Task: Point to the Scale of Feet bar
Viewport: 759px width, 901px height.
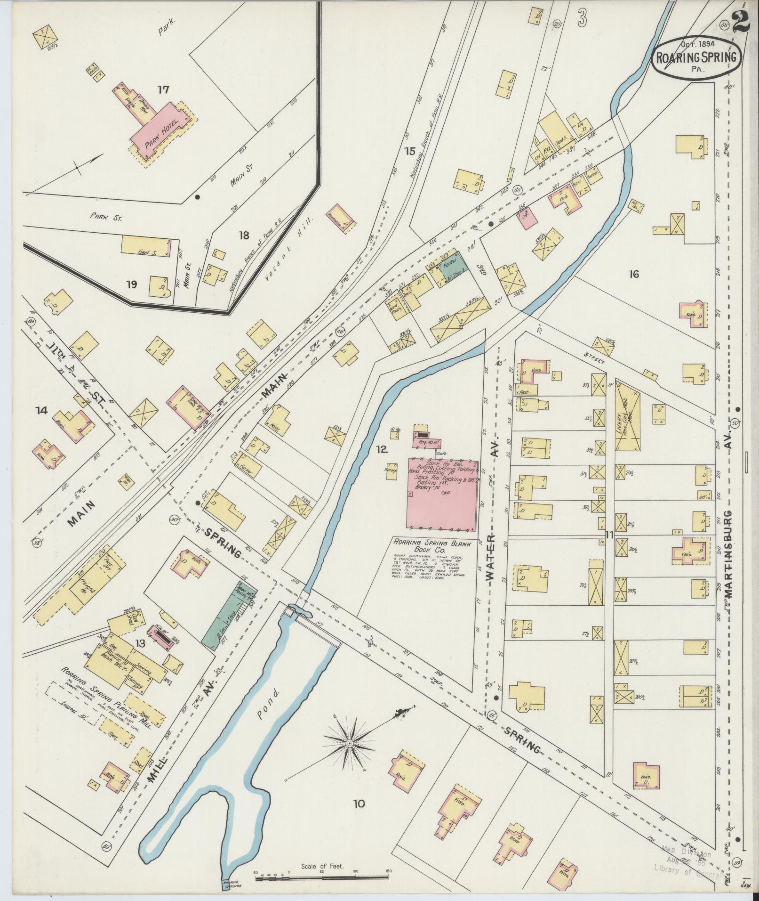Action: click(x=323, y=872)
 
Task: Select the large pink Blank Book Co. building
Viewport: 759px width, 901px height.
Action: click(x=442, y=495)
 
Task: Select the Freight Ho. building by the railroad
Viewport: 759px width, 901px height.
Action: click(x=87, y=584)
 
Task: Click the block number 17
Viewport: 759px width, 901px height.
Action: click(x=163, y=90)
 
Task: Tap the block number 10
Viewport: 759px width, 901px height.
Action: click(x=359, y=804)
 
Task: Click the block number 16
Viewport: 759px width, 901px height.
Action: click(x=633, y=274)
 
